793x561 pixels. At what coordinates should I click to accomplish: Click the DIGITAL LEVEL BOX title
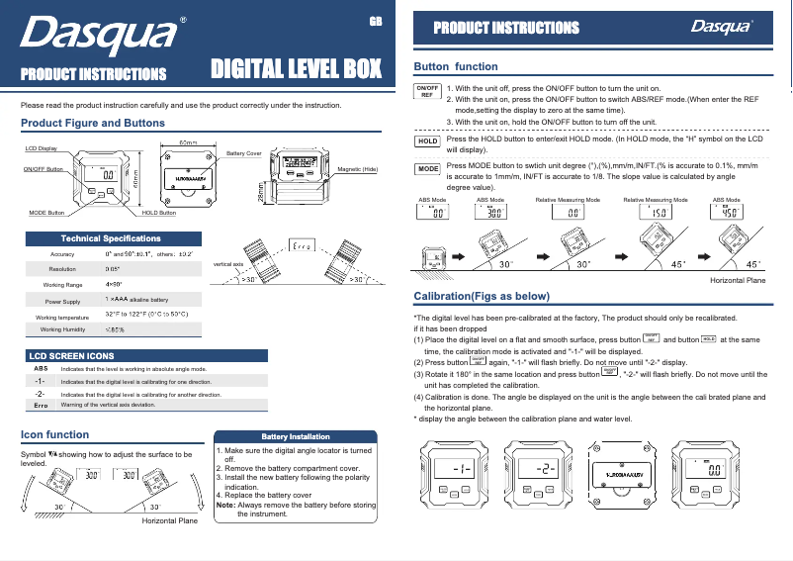(297, 70)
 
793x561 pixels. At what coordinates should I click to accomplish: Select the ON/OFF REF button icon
(426, 92)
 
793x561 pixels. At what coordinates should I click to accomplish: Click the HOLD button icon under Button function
(426, 141)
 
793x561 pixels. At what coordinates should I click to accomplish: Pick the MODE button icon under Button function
(426, 169)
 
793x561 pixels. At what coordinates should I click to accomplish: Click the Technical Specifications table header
(111, 238)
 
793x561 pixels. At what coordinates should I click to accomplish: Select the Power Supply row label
(62, 301)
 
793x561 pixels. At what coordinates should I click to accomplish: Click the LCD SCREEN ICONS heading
(71, 354)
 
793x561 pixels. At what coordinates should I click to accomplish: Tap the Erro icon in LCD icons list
(41, 405)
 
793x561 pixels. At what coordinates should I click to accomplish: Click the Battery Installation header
(295, 436)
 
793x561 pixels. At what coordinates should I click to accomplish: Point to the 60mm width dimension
(188, 142)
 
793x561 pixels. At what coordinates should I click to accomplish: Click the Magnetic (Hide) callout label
(358, 170)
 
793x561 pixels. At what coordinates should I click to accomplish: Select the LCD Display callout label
(41, 147)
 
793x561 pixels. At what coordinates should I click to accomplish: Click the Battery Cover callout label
(244, 154)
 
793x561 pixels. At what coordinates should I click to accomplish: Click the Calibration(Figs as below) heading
(481, 297)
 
